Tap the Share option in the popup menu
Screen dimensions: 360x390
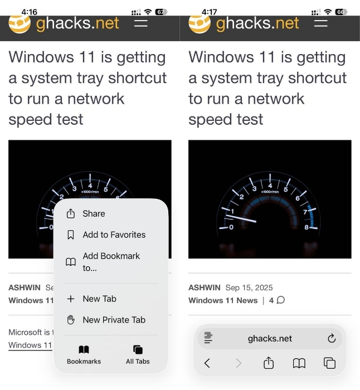click(x=86, y=213)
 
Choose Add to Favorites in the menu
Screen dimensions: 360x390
click(x=106, y=235)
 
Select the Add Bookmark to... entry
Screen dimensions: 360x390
click(x=103, y=262)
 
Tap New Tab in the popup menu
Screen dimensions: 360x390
click(x=91, y=299)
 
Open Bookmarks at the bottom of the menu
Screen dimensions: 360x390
click(x=84, y=355)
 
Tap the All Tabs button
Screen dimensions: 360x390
click(x=138, y=355)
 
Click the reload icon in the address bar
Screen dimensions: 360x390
click(x=332, y=338)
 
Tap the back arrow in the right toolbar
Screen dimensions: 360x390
click(x=207, y=363)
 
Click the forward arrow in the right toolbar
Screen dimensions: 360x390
click(x=239, y=363)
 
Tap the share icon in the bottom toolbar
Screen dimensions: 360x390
click(x=269, y=363)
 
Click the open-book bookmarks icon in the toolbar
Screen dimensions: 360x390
click(x=299, y=363)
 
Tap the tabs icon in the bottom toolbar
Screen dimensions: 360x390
click(x=329, y=363)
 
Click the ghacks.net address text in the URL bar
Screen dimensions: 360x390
click(x=270, y=339)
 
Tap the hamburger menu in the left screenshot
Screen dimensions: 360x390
click(x=141, y=23)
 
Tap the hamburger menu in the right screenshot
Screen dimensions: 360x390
click(x=320, y=23)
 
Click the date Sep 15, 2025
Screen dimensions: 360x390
click(x=249, y=287)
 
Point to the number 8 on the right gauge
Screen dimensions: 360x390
click(x=307, y=227)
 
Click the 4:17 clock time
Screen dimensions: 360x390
click(x=209, y=12)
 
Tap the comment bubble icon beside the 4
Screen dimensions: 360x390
click(x=281, y=300)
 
